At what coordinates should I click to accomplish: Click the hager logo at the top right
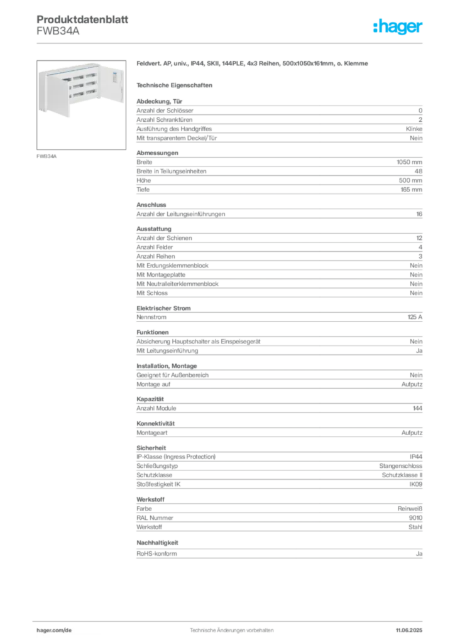click(397, 26)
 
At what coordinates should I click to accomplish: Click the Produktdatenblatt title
click(82, 19)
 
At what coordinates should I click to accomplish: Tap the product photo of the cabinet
click(81, 105)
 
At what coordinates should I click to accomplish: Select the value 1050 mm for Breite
click(409, 162)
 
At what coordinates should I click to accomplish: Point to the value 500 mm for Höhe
click(410, 180)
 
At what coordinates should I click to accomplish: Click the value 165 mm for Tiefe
click(411, 190)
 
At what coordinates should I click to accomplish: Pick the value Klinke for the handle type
click(414, 129)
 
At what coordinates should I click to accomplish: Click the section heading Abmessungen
click(157, 153)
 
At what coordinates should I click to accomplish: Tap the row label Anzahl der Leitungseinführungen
click(181, 214)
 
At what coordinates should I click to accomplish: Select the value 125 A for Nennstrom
click(415, 317)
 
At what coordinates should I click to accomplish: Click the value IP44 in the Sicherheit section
click(415, 457)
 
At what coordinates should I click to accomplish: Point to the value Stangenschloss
click(400, 466)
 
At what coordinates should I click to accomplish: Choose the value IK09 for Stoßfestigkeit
click(415, 484)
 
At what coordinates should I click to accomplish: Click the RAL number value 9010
click(415, 518)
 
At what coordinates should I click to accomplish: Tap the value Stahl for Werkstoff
click(415, 527)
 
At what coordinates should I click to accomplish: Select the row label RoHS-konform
click(156, 554)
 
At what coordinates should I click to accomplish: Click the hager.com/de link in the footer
click(54, 630)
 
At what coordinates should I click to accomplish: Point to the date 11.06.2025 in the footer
click(409, 630)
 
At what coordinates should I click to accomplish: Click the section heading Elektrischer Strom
click(163, 308)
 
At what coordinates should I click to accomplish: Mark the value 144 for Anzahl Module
click(417, 408)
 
